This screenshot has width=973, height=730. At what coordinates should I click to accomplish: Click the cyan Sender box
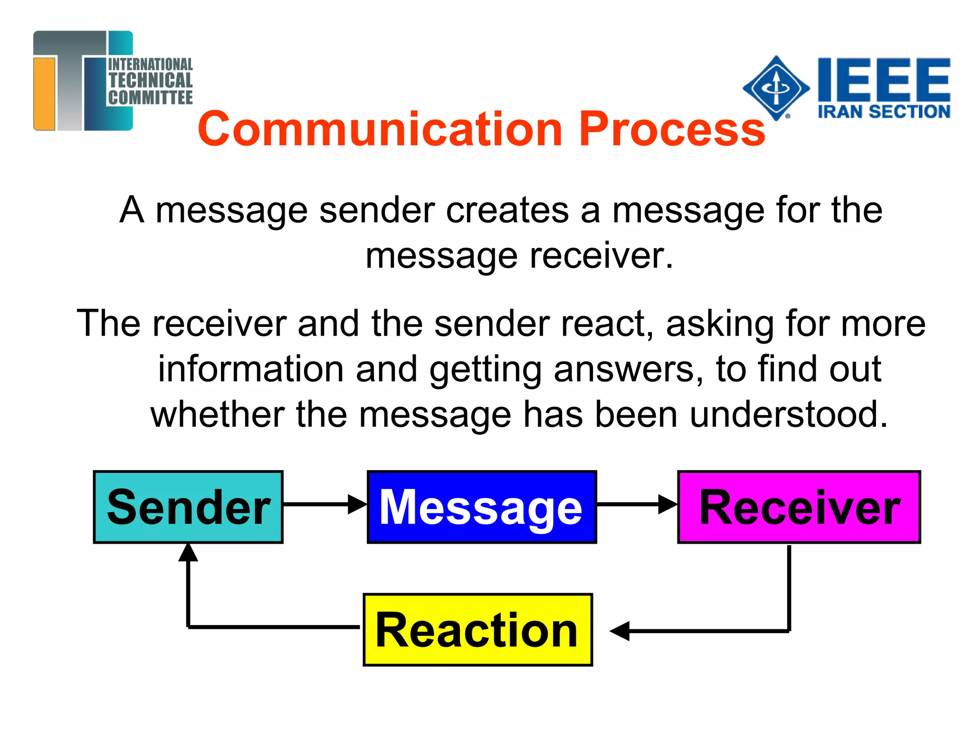click(x=188, y=507)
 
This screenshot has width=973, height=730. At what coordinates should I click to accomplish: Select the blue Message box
click(x=481, y=507)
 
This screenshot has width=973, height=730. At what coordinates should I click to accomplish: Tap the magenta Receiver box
click(x=799, y=507)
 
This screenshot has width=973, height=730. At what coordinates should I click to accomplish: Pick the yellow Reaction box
click(x=477, y=630)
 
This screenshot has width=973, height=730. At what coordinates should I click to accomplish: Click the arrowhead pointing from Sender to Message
click(x=357, y=504)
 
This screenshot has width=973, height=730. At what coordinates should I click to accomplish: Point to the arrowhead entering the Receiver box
click(x=667, y=504)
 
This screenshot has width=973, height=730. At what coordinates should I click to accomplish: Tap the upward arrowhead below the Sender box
click(x=188, y=553)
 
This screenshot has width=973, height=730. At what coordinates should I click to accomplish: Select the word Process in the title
click(x=672, y=129)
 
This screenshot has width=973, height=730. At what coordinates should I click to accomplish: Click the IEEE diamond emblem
click(x=776, y=88)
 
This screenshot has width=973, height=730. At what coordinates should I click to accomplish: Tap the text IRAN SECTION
click(x=884, y=112)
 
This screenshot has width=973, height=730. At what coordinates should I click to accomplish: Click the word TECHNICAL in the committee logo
click(x=150, y=80)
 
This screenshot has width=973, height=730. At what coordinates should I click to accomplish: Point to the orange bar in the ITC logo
click(x=44, y=93)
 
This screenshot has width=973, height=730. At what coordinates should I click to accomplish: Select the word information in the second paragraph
click(x=251, y=369)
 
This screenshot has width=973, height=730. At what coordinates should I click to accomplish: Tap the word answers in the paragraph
click(x=629, y=369)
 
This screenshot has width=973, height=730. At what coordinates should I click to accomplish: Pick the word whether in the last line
click(x=217, y=414)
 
